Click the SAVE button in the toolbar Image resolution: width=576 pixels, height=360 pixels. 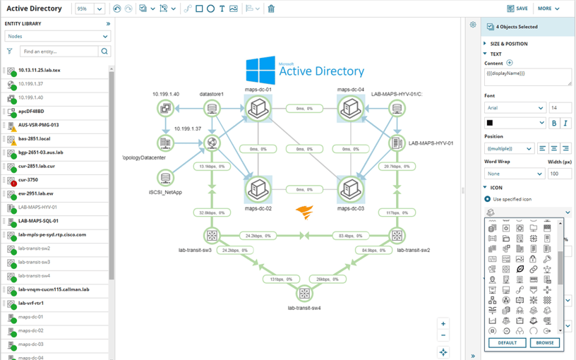[x=517, y=8]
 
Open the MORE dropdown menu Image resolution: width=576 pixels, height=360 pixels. [x=548, y=8]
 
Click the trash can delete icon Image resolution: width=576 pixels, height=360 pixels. [x=271, y=9]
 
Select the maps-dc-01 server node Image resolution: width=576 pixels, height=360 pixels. [x=258, y=109]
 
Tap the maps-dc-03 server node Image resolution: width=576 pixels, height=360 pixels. [x=350, y=189]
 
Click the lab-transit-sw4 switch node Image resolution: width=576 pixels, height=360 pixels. [x=304, y=293]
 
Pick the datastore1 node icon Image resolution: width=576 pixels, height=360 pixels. [x=211, y=109]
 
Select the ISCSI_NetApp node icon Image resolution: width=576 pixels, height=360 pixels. [x=166, y=179]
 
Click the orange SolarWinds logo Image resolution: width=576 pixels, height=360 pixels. [x=304, y=212]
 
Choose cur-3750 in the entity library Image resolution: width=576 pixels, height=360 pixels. [x=29, y=180]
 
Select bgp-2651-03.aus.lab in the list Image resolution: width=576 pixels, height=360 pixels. [x=40, y=152]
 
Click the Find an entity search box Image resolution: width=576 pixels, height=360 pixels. [x=59, y=52]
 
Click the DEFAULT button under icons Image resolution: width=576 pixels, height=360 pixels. [x=507, y=342]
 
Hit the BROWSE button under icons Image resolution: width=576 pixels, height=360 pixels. [x=544, y=342]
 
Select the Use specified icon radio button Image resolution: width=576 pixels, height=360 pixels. [x=487, y=199]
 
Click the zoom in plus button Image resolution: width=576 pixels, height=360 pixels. [x=443, y=324]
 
